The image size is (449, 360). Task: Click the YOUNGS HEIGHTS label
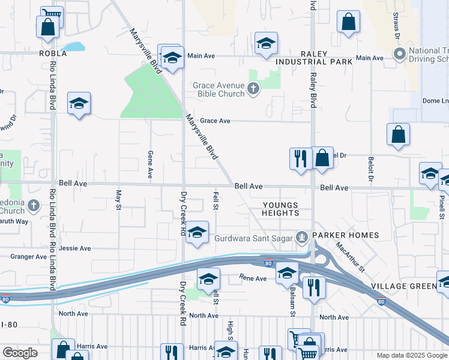(x=280, y=209)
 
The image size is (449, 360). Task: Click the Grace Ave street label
(x=215, y=121)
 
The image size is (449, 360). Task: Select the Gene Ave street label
(x=150, y=164)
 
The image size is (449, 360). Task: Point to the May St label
(x=118, y=196)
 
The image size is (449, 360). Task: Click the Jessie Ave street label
(x=75, y=248)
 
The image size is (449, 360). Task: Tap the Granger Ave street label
(x=28, y=257)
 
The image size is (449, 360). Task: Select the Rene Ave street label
(x=253, y=278)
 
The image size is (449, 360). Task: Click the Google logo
(x=20, y=353)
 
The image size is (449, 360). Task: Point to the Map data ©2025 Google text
(x=411, y=355)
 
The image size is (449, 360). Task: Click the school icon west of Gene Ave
(x=79, y=104)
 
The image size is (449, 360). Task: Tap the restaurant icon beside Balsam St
(x=314, y=287)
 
